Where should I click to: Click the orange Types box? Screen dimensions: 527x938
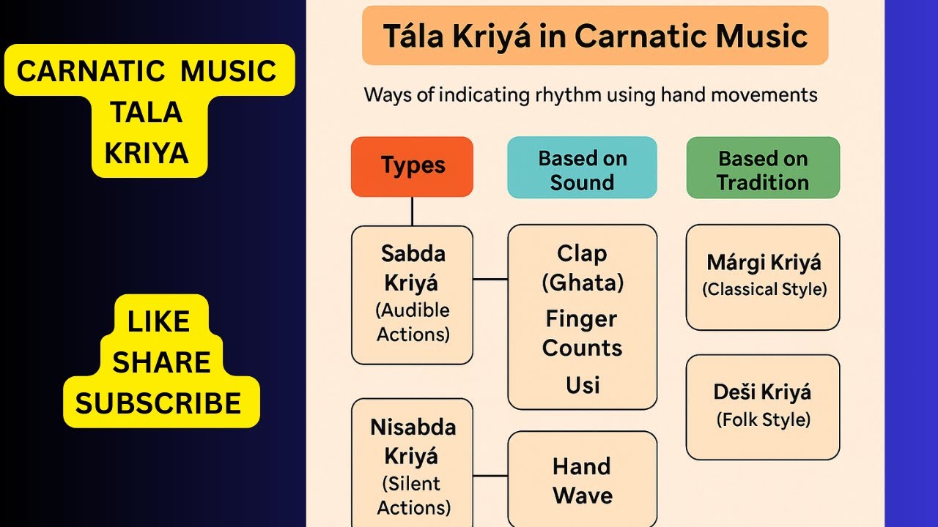click(x=412, y=166)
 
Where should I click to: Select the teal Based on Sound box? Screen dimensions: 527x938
click(x=582, y=168)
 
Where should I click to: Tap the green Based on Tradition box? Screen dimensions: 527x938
click(x=763, y=168)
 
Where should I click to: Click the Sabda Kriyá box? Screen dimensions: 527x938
click(x=412, y=294)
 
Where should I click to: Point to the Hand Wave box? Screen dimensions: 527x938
click(x=582, y=479)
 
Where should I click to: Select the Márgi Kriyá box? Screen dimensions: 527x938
click(x=763, y=277)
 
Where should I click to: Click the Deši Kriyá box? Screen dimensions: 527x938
click(x=763, y=406)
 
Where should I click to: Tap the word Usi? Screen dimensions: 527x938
click(x=582, y=385)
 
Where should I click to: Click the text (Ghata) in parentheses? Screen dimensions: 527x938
click(x=582, y=283)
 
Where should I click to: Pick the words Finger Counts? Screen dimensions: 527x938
click(x=582, y=333)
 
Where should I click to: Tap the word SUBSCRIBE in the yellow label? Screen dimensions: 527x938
click(x=158, y=403)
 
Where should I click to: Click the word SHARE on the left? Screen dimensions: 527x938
click(x=160, y=362)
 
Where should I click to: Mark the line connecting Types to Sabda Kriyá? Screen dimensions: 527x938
click(x=412, y=211)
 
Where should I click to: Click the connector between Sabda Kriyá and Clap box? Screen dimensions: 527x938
click(x=490, y=279)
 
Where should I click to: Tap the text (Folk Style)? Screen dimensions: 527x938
click(x=763, y=420)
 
